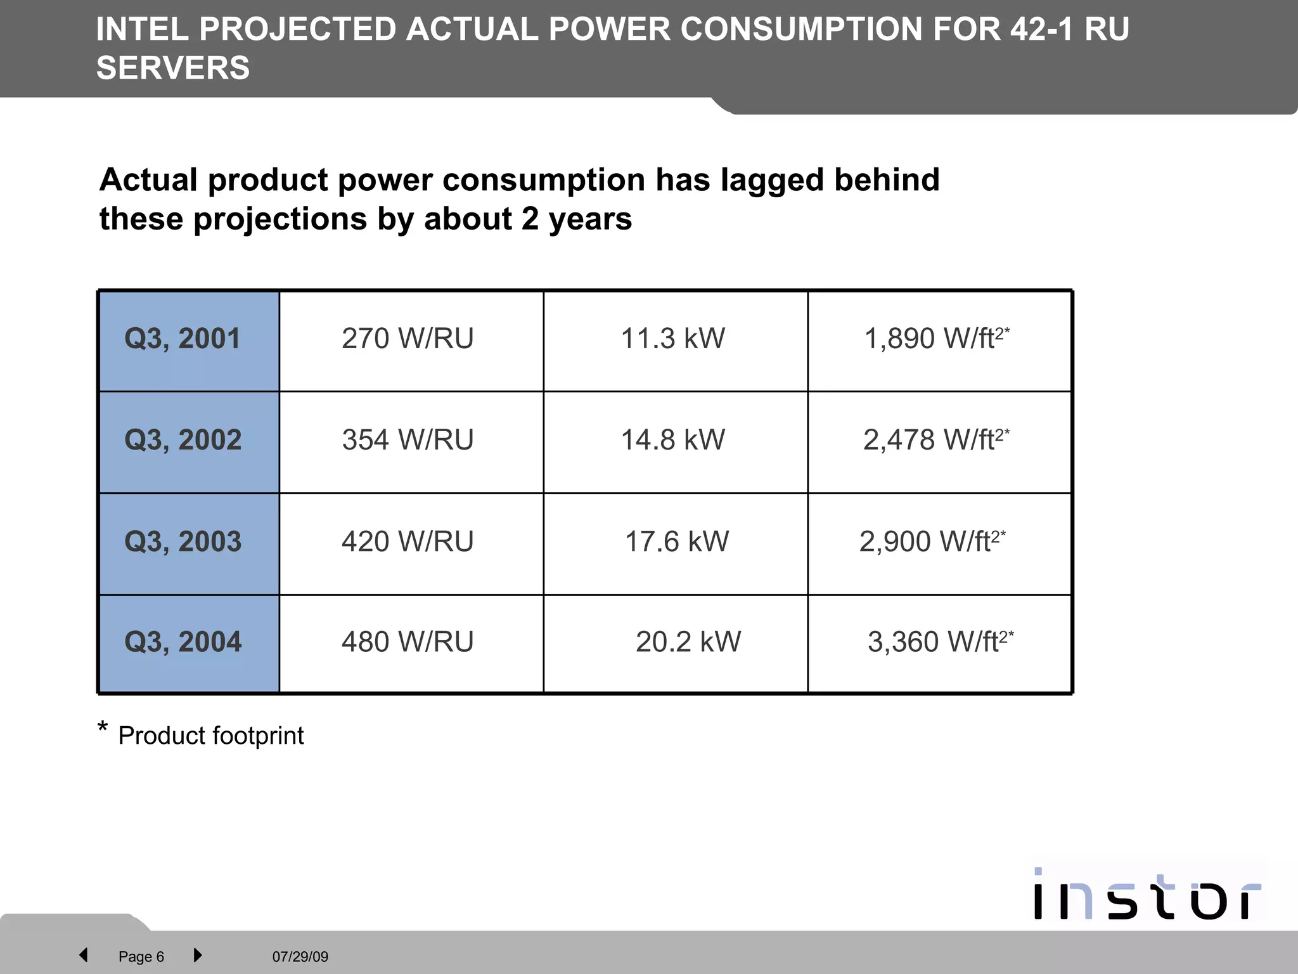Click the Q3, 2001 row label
(x=183, y=339)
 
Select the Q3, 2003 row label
(x=183, y=542)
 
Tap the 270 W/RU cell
(x=408, y=339)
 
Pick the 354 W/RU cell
(x=408, y=440)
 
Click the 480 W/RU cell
(x=408, y=642)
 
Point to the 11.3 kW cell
(x=672, y=339)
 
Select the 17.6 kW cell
(x=676, y=542)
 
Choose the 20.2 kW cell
(x=688, y=642)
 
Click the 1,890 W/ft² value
(x=936, y=339)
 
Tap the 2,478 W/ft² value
(x=935, y=440)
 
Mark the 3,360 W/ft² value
(x=940, y=642)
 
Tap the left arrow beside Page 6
(x=83, y=955)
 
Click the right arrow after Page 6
(x=198, y=955)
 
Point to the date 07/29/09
(x=300, y=957)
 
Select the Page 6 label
(x=141, y=957)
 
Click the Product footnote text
(x=210, y=736)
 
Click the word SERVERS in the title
(x=173, y=68)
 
